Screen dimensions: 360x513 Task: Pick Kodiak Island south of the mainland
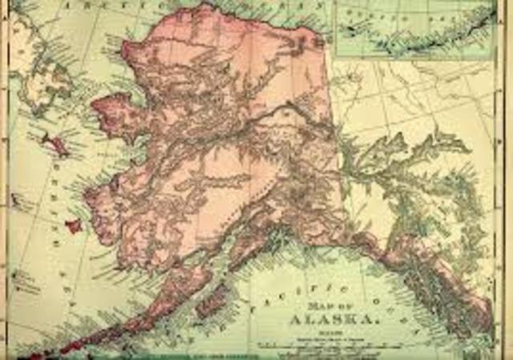point(210,303)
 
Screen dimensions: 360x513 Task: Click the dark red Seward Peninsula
point(112,112)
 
